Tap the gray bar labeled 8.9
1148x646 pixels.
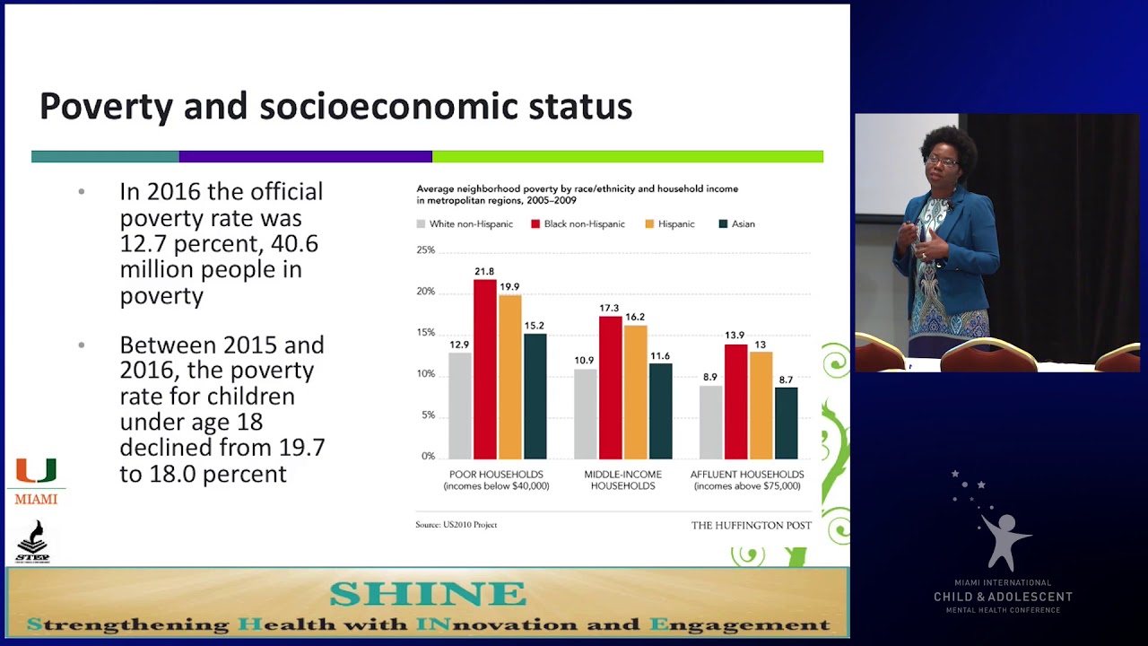click(710, 422)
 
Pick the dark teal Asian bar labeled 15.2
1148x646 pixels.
click(535, 396)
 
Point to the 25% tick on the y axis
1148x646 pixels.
click(425, 250)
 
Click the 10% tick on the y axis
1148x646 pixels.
click(425, 374)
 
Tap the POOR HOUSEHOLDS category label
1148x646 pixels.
click(496, 475)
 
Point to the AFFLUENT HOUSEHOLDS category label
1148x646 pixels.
click(746, 475)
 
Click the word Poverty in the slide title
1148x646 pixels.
click(106, 107)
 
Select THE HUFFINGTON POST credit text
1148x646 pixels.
click(751, 526)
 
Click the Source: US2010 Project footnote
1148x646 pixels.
click(456, 525)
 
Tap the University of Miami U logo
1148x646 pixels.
click(36, 471)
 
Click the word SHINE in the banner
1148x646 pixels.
click(427, 594)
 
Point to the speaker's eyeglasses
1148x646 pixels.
click(941, 161)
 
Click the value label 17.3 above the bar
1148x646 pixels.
click(609, 309)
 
